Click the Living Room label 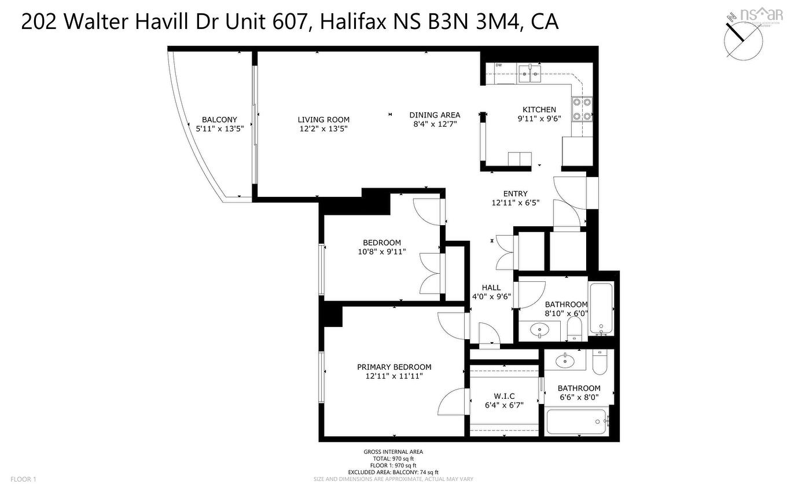(323, 120)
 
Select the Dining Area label (435, 115)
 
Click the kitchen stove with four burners (582, 108)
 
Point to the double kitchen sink (529, 73)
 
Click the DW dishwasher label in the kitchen (498, 65)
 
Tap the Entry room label (515, 194)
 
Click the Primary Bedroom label (394, 367)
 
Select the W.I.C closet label (504, 396)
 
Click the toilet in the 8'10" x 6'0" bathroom (575, 330)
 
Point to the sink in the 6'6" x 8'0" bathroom (564, 361)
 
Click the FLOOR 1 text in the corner (24, 479)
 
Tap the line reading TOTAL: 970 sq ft (393, 458)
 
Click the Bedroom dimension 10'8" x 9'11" (382, 252)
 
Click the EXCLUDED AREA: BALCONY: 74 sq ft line (393, 472)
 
